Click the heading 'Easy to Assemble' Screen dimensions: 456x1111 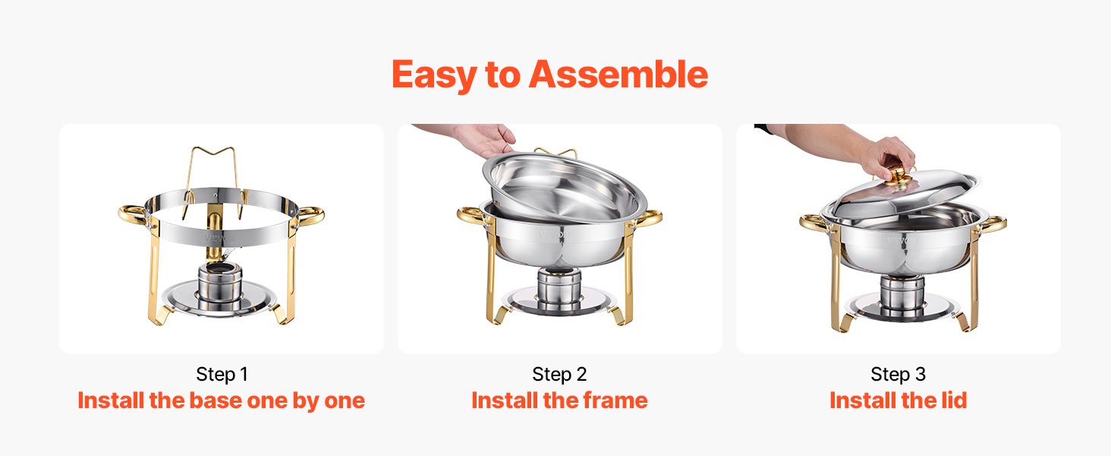[549, 74]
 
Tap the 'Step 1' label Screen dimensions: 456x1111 [222, 374]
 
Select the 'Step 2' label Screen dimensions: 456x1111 [559, 374]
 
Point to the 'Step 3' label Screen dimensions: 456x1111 [898, 374]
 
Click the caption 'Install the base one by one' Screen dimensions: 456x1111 [222, 401]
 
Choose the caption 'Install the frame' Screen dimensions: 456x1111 [559, 401]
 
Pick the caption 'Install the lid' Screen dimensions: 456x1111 [898, 401]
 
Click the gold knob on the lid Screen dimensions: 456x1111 [900, 177]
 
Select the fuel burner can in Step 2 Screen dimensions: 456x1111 [559, 287]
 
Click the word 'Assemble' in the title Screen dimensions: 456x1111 [618, 74]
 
